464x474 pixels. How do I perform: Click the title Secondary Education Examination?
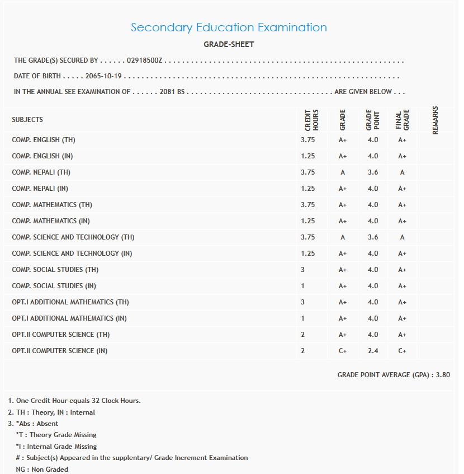click(229, 27)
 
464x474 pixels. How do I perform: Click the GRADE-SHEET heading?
click(229, 45)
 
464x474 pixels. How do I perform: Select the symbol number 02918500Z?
click(144, 60)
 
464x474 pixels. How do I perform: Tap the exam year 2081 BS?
click(172, 92)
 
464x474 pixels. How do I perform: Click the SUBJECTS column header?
click(27, 120)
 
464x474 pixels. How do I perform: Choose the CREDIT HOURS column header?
click(311, 120)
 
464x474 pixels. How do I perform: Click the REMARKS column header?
click(435, 120)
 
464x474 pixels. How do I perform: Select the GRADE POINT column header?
click(373, 120)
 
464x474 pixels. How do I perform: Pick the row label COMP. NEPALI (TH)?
click(41, 172)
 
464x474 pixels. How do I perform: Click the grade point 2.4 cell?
click(373, 351)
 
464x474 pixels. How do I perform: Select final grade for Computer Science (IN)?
click(402, 351)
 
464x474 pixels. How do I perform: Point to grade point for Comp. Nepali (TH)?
click(373, 172)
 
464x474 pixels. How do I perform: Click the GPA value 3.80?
click(443, 375)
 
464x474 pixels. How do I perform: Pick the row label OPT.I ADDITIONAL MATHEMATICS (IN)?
click(69, 318)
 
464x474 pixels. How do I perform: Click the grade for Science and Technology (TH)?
click(343, 237)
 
